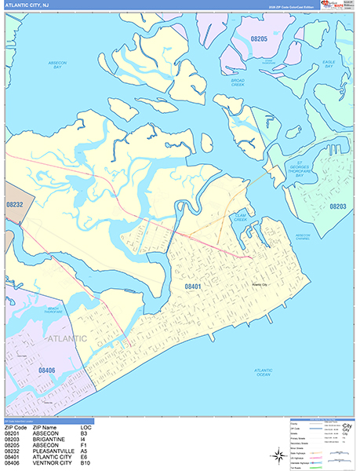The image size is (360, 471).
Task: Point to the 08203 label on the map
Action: point(338,206)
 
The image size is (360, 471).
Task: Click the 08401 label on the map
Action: point(193,287)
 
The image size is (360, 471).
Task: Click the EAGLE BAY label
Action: point(329,63)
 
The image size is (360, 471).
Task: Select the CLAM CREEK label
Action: point(239,220)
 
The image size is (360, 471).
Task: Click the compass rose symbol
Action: point(279,454)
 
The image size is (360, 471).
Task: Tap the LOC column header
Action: point(85,427)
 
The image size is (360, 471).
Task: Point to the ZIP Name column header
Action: point(48,427)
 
